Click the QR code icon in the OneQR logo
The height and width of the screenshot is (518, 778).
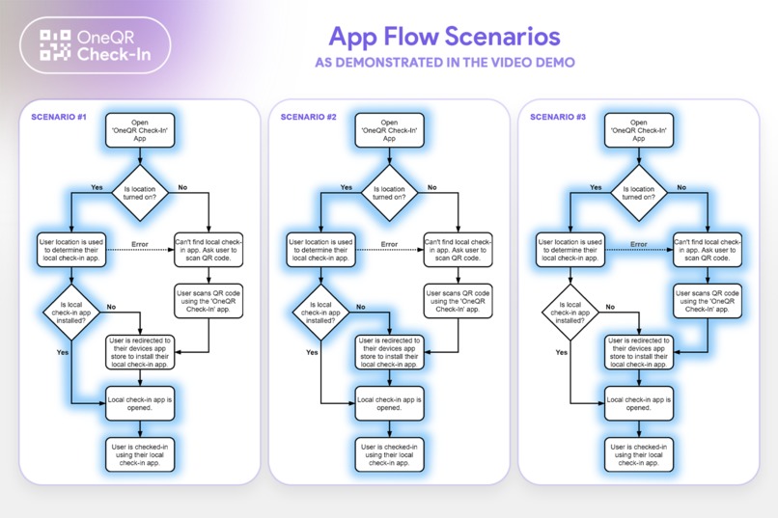[55, 45]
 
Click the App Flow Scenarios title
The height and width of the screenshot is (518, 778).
[445, 37]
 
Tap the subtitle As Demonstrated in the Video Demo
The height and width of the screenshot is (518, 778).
[445, 63]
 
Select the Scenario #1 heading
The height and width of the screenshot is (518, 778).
[59, 117]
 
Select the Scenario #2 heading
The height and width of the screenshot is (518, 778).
[308, 117]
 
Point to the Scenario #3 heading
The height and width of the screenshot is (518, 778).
[558, 117]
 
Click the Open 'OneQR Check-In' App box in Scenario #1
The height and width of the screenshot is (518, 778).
[140, 130]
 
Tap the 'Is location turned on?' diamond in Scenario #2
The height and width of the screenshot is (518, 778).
[390, 193]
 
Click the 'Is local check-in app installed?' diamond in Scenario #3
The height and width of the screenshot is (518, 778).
[570, 313]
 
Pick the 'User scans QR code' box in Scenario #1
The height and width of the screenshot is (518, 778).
[208, 301]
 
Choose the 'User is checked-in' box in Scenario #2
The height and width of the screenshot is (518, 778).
[390, 454]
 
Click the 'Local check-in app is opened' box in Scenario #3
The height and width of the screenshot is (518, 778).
[639, 403]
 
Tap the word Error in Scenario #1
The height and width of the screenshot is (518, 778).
[140, 244]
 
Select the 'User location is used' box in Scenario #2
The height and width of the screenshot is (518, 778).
[321, 250]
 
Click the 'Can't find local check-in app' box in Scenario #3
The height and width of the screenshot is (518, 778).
[707, 250]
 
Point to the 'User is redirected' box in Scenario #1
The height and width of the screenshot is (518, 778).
[140, 352]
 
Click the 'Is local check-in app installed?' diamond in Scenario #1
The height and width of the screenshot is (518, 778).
[72, 313]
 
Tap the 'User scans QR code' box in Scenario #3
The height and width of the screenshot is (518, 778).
[707, 301]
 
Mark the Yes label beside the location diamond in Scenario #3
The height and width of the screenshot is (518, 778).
[596, 187]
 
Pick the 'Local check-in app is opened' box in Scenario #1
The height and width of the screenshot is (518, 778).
[140, 403]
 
